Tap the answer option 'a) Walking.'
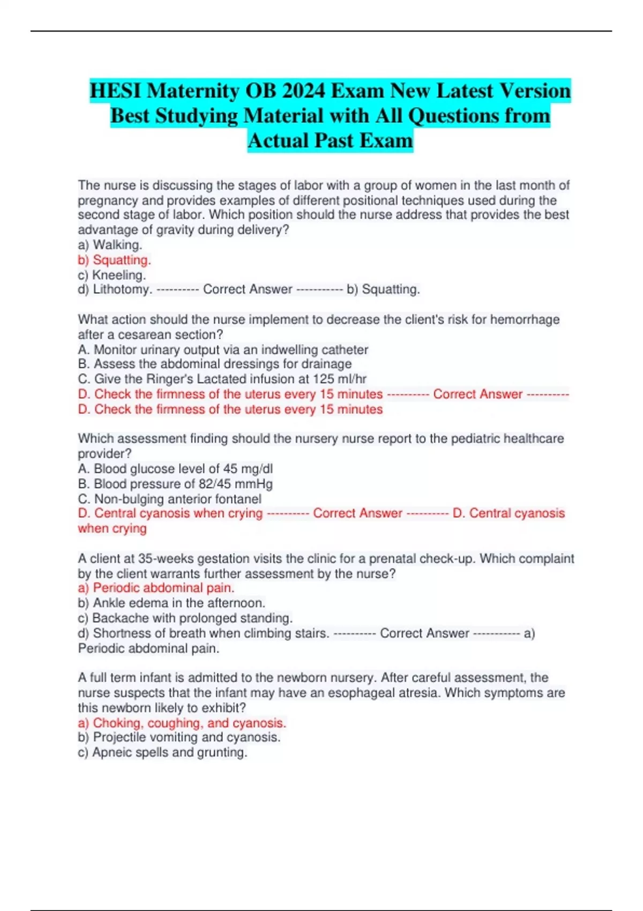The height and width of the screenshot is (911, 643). (110, 245)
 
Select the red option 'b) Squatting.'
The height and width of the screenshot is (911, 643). (114, 260)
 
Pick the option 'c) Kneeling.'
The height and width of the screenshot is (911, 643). (111, 275)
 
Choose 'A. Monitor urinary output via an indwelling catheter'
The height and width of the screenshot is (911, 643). (223, 350)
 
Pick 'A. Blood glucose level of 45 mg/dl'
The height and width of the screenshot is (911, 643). (175, 469)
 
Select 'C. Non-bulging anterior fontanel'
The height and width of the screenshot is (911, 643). (170, 499)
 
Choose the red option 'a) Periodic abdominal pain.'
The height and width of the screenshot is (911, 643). (156, 588)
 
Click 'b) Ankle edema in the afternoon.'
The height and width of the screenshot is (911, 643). (171, 603)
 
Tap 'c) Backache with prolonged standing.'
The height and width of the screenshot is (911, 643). (185, 618)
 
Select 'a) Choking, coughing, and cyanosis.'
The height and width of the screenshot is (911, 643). (182, 723)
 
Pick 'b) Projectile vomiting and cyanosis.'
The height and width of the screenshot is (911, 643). (179, 737)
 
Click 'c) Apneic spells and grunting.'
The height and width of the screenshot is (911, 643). (162, 752)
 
